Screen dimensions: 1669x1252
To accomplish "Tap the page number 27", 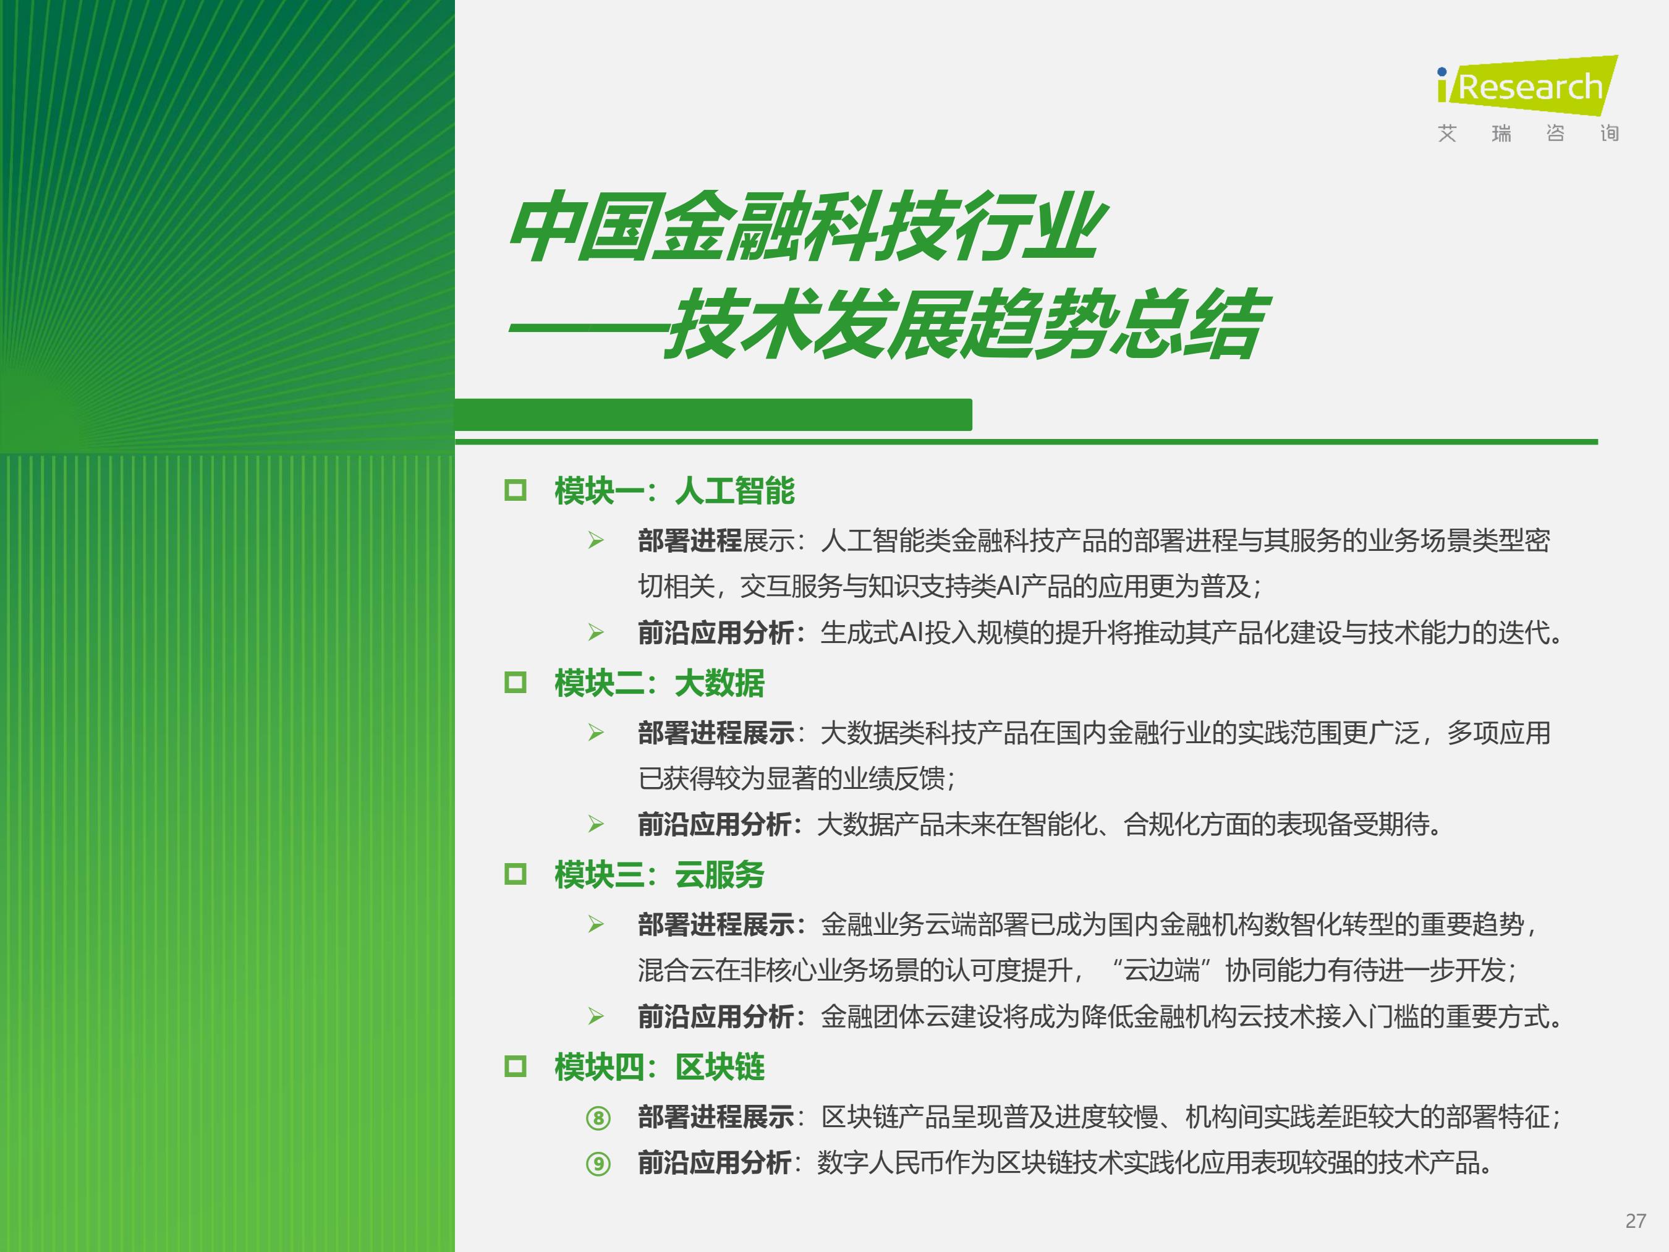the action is [1635, 1221].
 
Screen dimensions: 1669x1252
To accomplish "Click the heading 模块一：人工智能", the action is [674, 490].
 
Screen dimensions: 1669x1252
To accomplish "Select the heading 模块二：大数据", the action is [659, 683].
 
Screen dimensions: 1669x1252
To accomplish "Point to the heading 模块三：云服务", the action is [659, 875].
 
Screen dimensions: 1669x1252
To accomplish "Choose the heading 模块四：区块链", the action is [659, 1067].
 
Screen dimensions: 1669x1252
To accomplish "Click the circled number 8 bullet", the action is [598, 1118].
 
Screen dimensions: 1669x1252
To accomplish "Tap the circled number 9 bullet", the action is [598, 1164].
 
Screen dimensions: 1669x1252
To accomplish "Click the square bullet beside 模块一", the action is [516, 490].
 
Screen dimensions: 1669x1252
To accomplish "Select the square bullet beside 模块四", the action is [516, 1067].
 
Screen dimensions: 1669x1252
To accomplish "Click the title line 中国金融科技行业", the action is [807, 226].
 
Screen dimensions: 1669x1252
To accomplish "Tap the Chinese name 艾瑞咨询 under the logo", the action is [1528, 134].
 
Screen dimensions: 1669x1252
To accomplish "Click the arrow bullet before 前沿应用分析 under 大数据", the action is [596, 824].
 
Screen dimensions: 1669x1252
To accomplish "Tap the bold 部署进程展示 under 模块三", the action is [716, 924].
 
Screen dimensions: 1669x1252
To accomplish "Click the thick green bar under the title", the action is [713, 414].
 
